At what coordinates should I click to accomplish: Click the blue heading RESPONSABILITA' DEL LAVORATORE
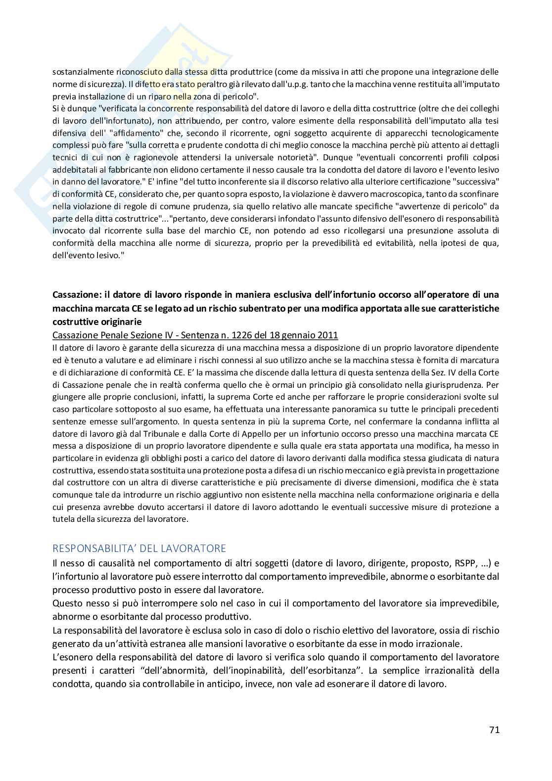coord(139,548)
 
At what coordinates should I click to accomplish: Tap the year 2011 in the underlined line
coord(327,335)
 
